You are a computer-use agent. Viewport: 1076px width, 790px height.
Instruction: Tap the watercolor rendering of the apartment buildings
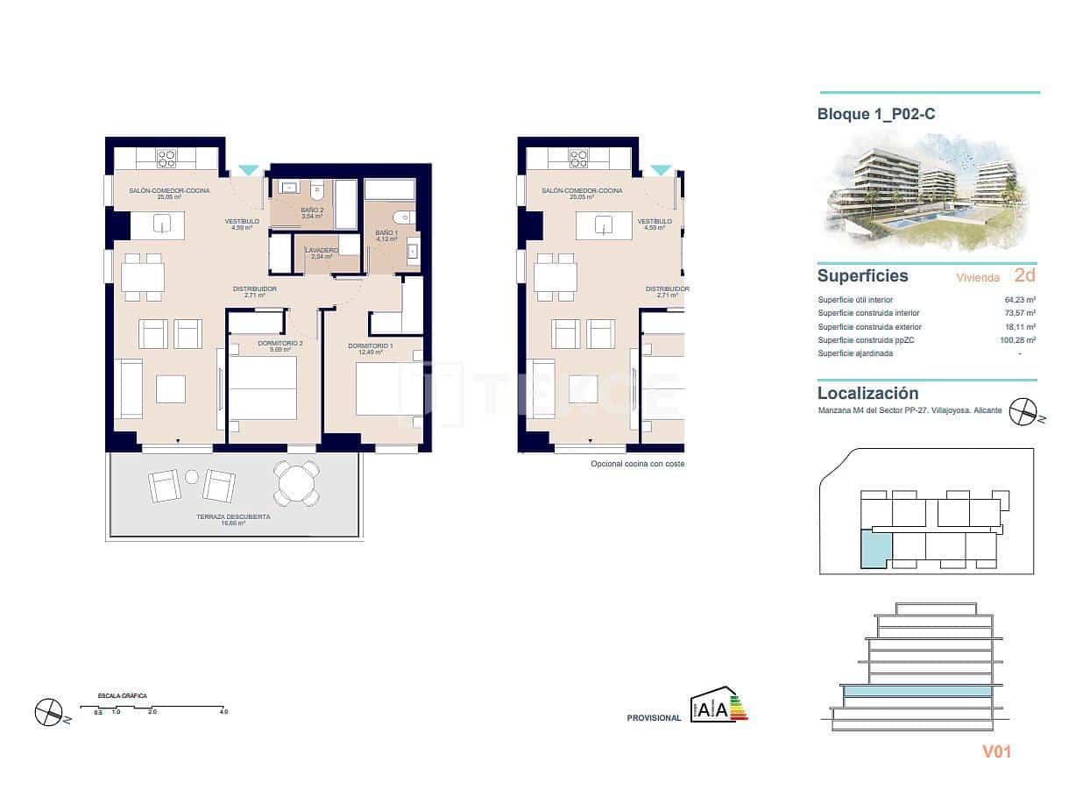[931, 193]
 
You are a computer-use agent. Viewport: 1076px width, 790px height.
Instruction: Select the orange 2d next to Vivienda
[1023, 275]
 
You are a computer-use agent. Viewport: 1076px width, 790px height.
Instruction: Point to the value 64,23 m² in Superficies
[1020, 300]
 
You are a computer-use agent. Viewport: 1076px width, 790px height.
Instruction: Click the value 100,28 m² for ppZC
[1018, 340]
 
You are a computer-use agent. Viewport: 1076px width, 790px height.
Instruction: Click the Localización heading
[867, 394]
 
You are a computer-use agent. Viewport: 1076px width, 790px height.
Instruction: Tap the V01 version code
[996, 751]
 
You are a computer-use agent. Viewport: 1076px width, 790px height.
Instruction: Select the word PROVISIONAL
[654, 718]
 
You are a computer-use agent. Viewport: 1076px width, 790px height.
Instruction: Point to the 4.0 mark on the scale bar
[223, 712]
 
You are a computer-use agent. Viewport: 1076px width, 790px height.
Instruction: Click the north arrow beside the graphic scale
[50, 711]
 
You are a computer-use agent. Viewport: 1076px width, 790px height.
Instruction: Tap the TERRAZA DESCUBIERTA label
[233, 517]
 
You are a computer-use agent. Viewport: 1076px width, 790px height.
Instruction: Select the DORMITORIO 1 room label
[370, 345]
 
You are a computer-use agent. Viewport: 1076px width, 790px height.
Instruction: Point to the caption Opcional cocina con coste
[637, 464]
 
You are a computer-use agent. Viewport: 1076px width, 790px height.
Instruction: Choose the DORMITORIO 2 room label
[280, 343]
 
